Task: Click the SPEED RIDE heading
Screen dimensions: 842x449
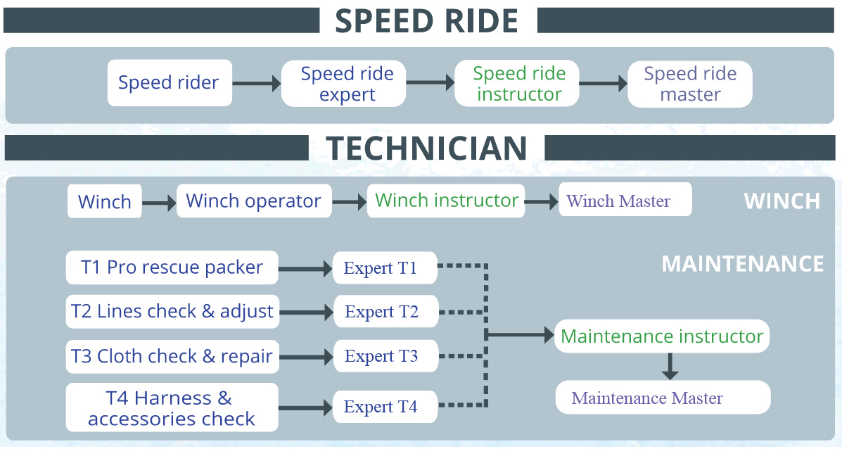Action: [427, 20]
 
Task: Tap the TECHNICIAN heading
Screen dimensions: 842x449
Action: [427, 148]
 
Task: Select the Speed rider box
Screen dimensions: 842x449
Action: [170, 83]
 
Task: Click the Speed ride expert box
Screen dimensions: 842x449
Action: [344, 83]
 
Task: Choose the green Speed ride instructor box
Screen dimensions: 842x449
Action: [517, 83]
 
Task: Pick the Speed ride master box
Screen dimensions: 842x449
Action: [690, 84]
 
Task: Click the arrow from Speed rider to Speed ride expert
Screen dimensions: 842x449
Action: [257, 83]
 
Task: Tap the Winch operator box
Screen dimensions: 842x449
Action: [254, 201]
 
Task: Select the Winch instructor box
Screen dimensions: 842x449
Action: [446, 201]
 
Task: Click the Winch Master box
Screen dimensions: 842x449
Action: [625, 200]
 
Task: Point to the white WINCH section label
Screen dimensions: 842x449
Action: [782, 201]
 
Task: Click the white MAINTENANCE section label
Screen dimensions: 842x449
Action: [743, 264]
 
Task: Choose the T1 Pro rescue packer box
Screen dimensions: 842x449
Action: [172, 267]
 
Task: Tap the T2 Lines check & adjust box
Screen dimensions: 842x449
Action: [172, 312]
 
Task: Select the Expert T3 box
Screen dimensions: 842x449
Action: [385, 356]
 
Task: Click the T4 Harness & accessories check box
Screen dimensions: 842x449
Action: [172, 407]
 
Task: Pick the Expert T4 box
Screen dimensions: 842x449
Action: [385, 407]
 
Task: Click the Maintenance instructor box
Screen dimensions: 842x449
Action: [661, 336]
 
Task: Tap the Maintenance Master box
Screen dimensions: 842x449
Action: [663, 398]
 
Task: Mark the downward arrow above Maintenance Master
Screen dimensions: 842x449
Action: [670, 366]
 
